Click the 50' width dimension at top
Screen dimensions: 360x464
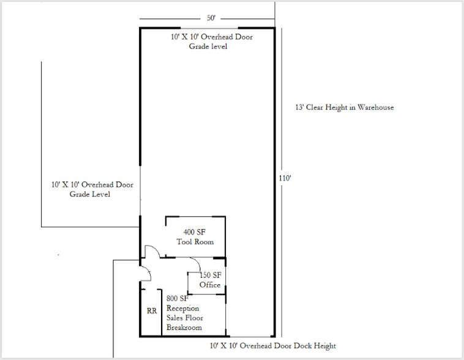click(x=211, y=18)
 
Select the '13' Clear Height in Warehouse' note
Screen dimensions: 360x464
click(x=344, y=107)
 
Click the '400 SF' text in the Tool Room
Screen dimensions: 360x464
click(x=195, y=232)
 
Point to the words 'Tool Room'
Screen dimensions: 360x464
click(x=195, y=242)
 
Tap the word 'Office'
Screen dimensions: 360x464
click(x=210, y=285)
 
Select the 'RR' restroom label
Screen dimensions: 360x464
click(x=152, y=311)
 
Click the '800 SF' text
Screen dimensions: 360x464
click(x=176, y=299)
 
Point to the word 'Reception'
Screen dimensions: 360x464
click(x=183, y=308)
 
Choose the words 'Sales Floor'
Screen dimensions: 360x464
click(x=185, y=318)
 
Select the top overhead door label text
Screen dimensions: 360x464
click(x=212, y=37)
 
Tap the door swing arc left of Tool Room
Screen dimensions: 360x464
click(x=151, y=251)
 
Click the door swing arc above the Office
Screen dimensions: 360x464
click(x=195, y=264)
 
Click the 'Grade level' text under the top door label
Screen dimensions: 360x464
click(x=208, y=47)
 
